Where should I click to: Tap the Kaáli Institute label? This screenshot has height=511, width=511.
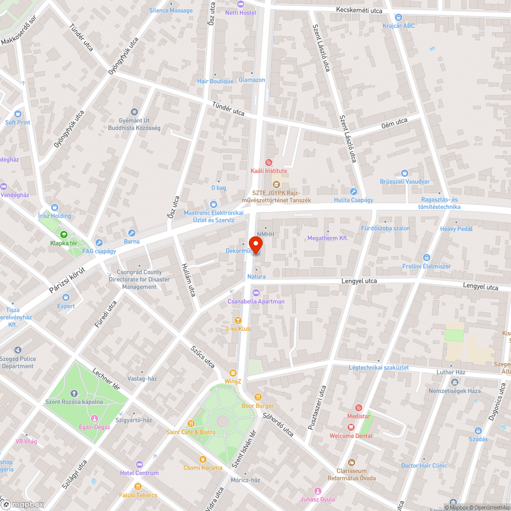point(269,171)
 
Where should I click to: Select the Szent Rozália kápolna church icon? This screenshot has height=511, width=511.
point(74,393)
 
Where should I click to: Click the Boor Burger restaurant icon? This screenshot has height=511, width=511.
point(258,397)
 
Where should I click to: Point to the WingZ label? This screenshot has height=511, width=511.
point(233,381)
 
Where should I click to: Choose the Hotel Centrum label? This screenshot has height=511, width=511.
point(139,473)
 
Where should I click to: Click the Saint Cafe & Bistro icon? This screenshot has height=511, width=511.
point(191,423)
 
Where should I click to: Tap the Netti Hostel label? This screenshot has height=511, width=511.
point(241,12)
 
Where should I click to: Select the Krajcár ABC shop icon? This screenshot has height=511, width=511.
point(399,17)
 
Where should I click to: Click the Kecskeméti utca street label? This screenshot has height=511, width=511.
point(359,10)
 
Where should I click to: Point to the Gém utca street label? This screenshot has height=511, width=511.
point(394,121)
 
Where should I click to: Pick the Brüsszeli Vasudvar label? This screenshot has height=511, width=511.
point(405,181)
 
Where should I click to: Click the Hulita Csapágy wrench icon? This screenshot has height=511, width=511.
point(353,191)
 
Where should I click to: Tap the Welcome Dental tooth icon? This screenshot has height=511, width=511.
point(351,427)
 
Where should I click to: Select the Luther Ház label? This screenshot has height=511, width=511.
point(450,373)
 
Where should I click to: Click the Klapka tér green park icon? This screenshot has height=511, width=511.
point(63,235)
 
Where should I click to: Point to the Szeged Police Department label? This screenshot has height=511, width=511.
point(18,362)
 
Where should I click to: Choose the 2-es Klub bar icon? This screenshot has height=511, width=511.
point(238,320)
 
